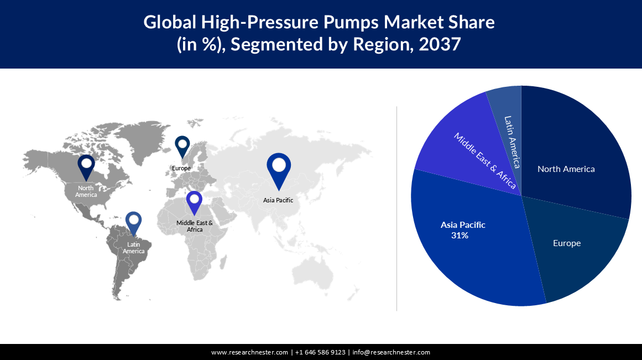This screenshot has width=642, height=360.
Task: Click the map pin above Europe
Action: [182, 147]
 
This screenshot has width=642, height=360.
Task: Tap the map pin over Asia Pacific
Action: [278, 168]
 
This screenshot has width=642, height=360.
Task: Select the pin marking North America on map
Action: [86, 166]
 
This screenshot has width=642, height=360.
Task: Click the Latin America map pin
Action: [133, 222]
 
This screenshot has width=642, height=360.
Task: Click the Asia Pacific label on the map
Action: [278, 200]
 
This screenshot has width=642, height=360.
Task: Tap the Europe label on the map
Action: [181, 168]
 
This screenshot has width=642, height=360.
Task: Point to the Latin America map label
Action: [134, 248]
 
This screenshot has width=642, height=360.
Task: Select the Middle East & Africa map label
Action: [195, 226]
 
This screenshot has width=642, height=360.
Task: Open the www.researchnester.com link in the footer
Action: [249, 352]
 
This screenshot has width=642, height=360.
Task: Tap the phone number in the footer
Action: [320, 352]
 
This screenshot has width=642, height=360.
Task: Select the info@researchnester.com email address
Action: [391, 352]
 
